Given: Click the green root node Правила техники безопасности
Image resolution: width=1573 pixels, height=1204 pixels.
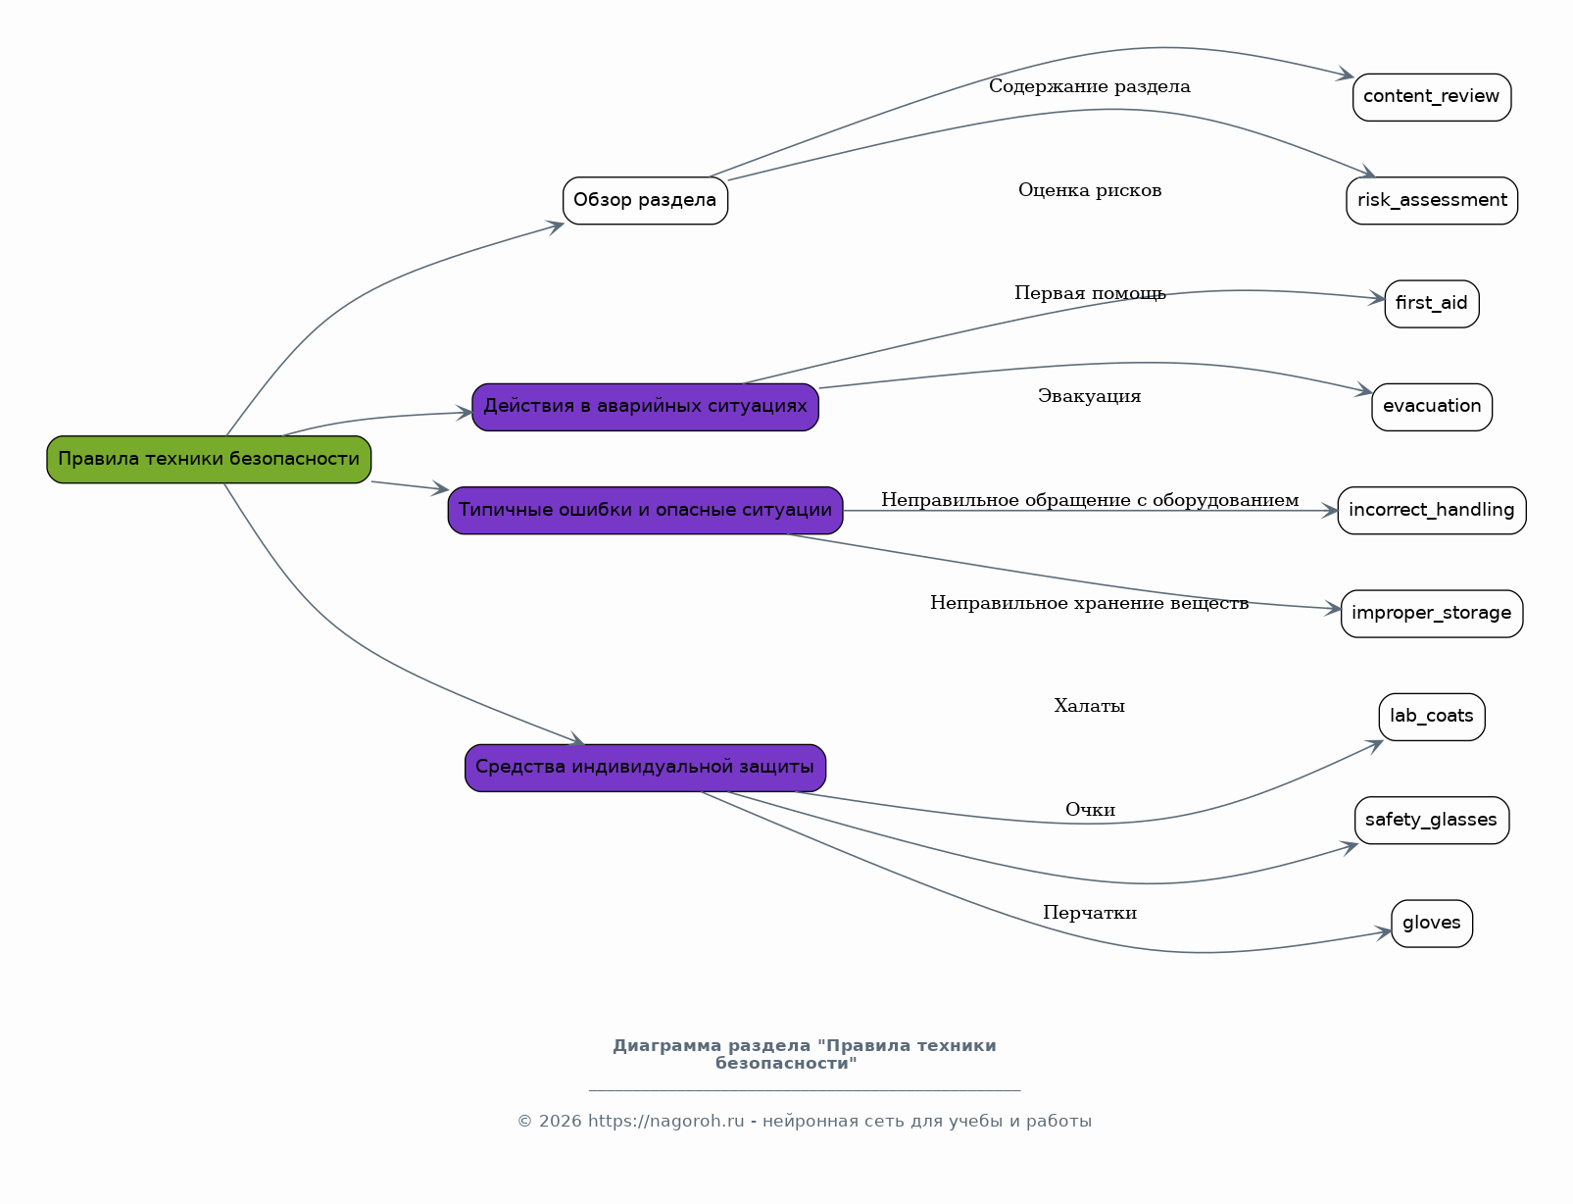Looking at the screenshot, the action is pos(209,460).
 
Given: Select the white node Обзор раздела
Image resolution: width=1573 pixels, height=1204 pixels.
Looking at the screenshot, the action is pos(645,201).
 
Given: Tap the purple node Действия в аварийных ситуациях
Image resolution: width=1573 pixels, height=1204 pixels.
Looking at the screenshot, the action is pos(645,407).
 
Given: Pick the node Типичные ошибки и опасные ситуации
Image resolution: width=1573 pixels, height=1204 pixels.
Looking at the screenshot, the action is pos(645,510).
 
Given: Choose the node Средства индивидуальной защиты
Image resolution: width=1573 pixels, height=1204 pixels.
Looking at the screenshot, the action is pos(645,769).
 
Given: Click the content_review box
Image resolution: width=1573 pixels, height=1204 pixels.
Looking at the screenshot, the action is pos(1432,97).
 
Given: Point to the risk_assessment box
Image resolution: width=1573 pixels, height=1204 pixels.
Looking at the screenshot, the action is pos(1432,201).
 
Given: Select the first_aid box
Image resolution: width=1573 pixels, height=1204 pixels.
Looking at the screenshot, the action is pos(1432,304).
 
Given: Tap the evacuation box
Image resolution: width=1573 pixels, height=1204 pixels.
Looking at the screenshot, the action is pos(1432,407).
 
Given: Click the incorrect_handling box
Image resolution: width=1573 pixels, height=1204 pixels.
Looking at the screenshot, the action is pos(1432,510).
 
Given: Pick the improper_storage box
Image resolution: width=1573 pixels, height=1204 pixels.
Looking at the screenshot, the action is pos(1432,614).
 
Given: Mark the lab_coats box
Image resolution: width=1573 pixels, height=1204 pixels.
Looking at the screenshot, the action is pos(1432,717).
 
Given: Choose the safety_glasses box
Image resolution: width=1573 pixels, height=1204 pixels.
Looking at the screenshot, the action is pos(1432,821).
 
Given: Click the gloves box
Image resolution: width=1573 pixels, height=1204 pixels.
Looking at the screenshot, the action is pos(1432,924).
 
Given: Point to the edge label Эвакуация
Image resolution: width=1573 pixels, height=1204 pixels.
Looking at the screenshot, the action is pos(1089,396).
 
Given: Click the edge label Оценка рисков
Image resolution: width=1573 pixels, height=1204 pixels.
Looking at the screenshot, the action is pos(1090,190).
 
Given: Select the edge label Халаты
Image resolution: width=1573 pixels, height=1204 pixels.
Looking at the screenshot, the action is pos(1089,706).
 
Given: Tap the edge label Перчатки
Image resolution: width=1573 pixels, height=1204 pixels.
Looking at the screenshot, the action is pos(1089,913).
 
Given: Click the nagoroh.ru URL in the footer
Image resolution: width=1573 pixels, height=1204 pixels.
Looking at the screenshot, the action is pos(665,1121).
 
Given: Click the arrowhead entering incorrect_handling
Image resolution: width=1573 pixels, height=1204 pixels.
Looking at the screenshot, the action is pos(1330,510).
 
